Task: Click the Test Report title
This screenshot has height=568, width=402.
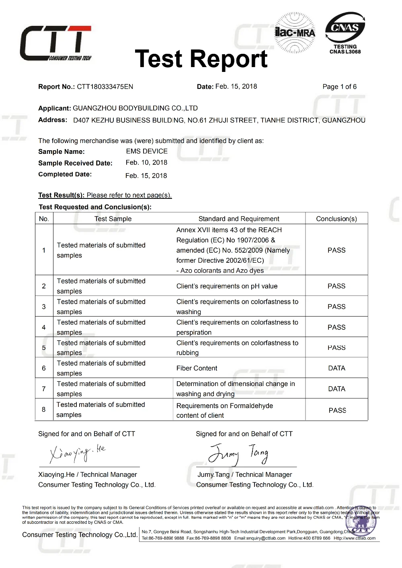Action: pos(201,59)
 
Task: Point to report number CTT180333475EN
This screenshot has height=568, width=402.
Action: pos(105,87)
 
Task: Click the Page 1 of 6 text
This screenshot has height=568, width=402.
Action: pos(339,87)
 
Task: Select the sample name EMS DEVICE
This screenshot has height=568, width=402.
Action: pos(147,151)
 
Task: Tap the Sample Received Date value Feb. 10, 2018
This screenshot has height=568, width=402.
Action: pos(146,163)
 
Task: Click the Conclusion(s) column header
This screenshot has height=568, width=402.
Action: pos(336,219)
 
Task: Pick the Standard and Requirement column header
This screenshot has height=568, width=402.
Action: pos(239,219)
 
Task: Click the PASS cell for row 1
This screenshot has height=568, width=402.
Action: pos(336,250)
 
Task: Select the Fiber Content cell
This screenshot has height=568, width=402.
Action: pos(197,368)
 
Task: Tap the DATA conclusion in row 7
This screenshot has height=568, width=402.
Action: pos(336,389)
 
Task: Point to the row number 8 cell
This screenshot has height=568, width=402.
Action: pos(44,409)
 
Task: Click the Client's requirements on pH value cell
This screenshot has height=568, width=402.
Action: pos(227,286)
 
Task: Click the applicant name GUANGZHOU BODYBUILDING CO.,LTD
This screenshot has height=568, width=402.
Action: pos(135,108)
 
